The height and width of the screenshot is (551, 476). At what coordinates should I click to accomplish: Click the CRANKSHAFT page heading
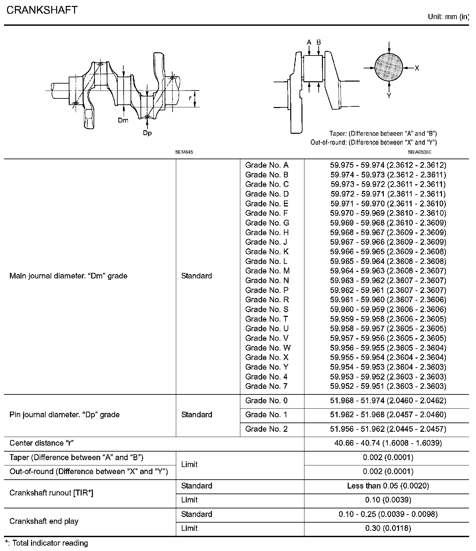pyautogui.click(x=42, y=10)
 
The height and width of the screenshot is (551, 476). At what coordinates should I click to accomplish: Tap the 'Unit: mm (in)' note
pyautogui.click(x=448, y=17)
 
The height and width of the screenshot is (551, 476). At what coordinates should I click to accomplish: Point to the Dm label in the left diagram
pyautogui.click(x=123, y=121)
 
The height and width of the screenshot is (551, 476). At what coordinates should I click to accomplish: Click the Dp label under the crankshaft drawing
pyautogui.click(x=147, y=133)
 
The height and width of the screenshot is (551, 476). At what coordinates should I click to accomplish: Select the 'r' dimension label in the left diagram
pyautogui.click(x=190, y=98)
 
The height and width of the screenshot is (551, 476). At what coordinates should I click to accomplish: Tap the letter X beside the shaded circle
pyautogui.click(x=417, y=68)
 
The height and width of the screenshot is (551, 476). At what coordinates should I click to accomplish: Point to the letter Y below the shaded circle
pyautogui.click(x=389, y=96)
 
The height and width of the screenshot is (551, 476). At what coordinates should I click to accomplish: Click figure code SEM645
pyautogui.click(x=184, y=152)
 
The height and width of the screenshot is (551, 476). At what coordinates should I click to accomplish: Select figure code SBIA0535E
pyautogui.click(x=419, y=152)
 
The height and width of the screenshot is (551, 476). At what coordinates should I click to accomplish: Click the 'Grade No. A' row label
pyautogui.click(x=267, y=165)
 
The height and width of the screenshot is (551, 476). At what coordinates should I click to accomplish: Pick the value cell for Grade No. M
pyautogui.click(x=388, y=271)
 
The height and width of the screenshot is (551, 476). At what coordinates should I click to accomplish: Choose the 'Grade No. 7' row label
pyautogui.click(x=266, y=386)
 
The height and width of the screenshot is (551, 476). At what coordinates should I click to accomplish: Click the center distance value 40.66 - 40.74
pyautogui.click(x=388, y=443)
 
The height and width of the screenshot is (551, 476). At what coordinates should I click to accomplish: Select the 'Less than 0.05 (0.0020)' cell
pyautogui.click(x=388, y=486)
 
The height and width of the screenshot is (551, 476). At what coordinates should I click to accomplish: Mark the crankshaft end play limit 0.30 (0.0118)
pyautogui.click(x=388, y=529)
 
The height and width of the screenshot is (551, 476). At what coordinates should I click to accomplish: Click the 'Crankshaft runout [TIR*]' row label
pyautogui.click(x=51, y=493)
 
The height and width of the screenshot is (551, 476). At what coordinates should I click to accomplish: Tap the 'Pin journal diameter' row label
pyautogui.click(x=64, y=415)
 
